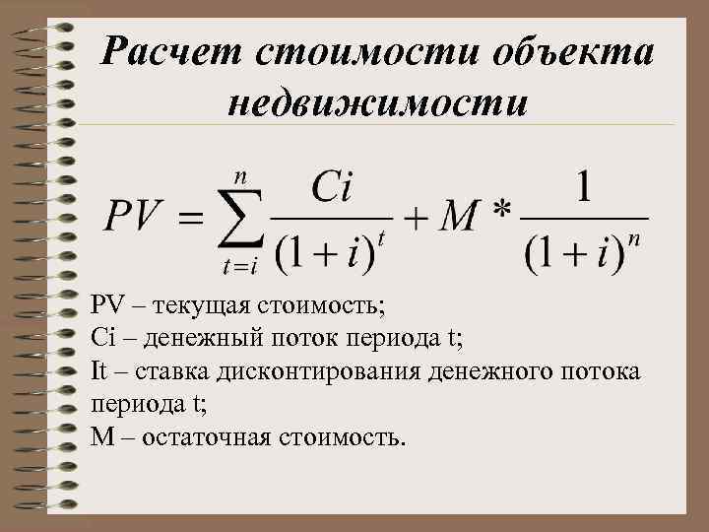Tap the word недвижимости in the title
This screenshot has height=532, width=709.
[377, 100]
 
